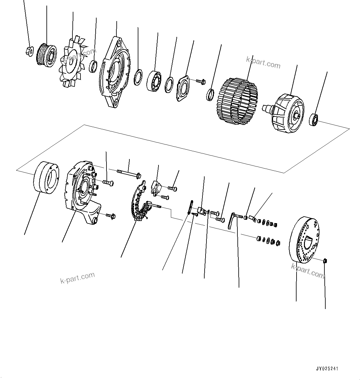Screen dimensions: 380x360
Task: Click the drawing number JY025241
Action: [327, 369]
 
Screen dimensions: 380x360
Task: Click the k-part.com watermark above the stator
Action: [263, 63]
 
